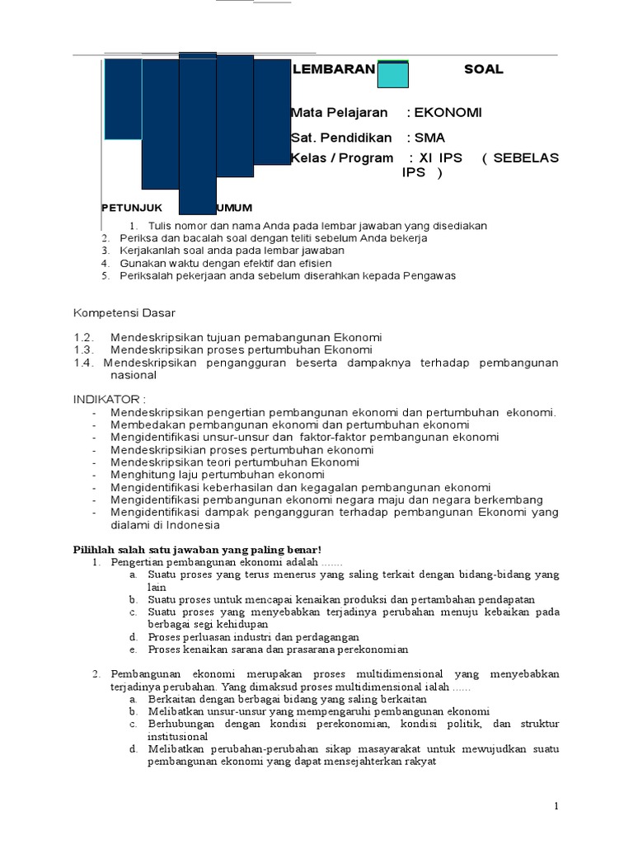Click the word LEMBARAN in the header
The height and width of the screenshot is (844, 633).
coord(333,70)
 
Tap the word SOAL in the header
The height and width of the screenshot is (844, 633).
coord(484,70)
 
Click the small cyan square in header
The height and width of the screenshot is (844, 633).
coord(393,75)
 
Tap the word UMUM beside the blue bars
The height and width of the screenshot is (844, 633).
coord(234,207)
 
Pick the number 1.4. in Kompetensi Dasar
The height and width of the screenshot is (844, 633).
coord(85,363)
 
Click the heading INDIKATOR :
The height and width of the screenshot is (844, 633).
coord(110,400)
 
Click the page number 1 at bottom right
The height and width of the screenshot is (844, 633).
coord(557,805)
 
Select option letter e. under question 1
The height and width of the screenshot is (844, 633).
coord(132,649)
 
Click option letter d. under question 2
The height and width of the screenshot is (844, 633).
coord(132,749)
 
